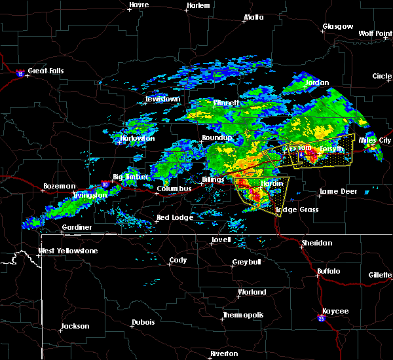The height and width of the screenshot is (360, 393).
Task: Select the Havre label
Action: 139,5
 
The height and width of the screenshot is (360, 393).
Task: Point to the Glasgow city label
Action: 337,27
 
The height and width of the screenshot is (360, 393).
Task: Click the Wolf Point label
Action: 375,33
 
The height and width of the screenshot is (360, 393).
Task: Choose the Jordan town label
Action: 318,83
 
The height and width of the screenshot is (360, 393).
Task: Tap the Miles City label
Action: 375,140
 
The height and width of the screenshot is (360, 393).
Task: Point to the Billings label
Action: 213,179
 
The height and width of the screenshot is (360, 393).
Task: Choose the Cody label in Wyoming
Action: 178,260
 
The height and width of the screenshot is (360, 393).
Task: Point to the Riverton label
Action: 224,353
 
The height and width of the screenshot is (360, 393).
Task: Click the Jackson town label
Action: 75,326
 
